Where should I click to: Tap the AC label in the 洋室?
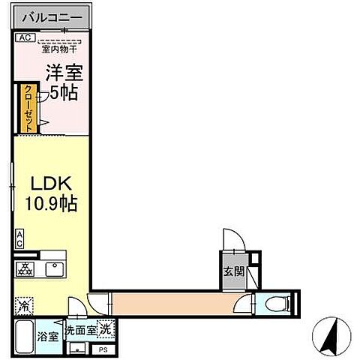[x=23, y=37]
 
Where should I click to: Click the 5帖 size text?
[x=64, y=93]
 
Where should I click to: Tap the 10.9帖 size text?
[x=52, y=202]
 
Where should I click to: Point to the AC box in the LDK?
[x=19, y=238]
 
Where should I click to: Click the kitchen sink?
[x=55, y=268]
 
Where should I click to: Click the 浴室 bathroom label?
[x=48, y=337]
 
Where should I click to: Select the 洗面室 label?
[x=80, y=329]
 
